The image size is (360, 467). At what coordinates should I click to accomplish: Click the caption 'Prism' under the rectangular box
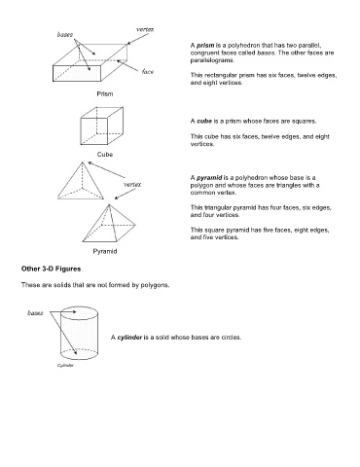105,93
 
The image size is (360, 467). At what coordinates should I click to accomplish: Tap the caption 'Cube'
105,155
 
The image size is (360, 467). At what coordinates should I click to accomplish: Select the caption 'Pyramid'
105,251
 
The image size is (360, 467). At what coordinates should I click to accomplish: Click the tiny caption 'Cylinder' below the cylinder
65,366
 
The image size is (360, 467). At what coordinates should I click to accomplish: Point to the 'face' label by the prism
148,71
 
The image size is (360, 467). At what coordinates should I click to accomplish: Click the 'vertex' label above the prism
145,29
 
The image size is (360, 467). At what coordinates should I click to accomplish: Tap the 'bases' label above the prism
65,34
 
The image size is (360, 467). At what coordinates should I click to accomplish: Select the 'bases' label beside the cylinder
35,313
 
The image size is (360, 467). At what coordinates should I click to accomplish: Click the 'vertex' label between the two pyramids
132,185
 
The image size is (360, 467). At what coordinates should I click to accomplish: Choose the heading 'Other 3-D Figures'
51,269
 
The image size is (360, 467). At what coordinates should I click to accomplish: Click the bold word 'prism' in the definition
205,46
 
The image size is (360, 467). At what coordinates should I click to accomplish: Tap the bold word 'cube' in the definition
204,122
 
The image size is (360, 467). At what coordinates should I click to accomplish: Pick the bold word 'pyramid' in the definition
209,178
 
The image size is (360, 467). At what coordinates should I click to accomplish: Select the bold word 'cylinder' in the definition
129,338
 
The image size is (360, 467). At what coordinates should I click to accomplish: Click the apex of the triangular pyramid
83,162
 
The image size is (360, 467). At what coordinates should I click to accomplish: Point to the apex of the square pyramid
109,204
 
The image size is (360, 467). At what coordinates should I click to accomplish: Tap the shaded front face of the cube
94,131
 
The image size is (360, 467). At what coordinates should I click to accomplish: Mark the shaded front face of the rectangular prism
77,73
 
